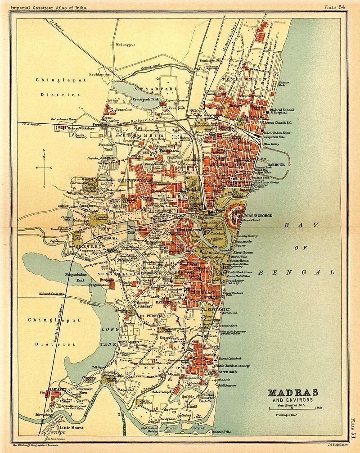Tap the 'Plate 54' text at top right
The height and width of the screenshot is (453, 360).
tap(336, 6)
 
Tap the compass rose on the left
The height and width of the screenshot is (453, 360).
tap(44, 168)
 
